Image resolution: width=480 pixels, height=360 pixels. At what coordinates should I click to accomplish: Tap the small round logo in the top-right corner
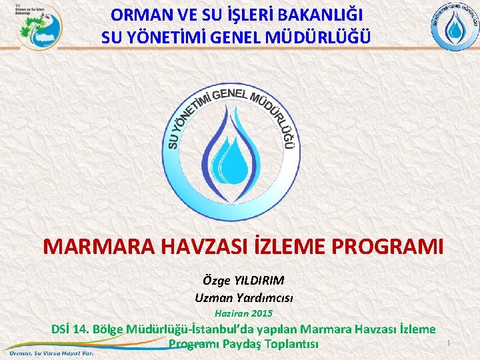[454, 26]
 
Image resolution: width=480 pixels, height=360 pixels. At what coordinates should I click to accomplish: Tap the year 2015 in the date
[261, 313]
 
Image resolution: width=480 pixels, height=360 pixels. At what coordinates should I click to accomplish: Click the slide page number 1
[449, 343]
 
